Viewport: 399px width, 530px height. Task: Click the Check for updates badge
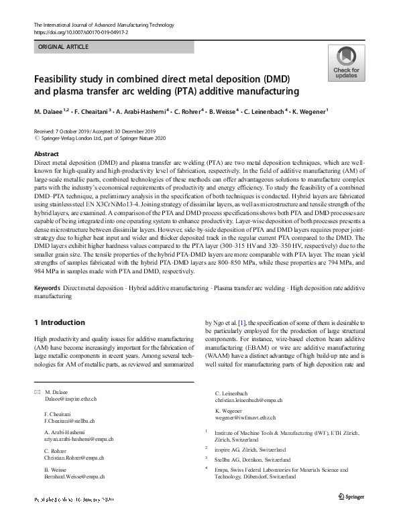345,63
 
